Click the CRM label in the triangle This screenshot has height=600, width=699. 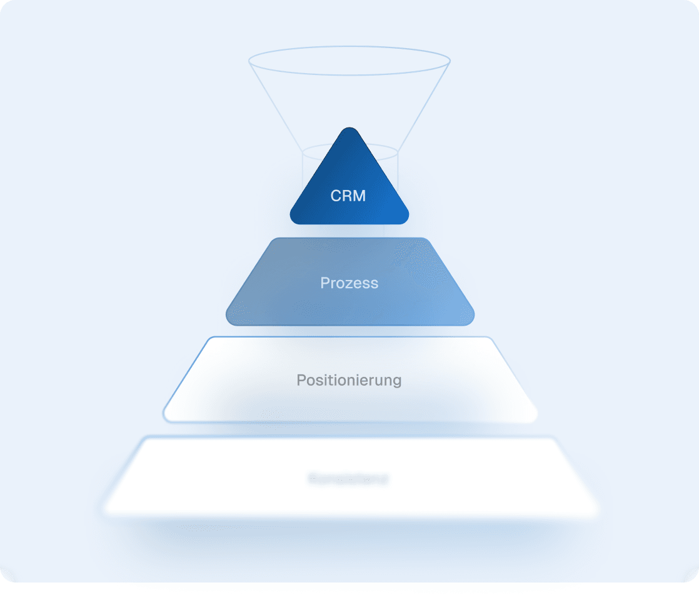(x=348, y=196)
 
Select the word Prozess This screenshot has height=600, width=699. (x=349, y=283)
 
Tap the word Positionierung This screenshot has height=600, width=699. (x=349, y=380)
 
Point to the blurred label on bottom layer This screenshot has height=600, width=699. (x=349, y=480)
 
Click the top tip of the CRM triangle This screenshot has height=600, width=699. (x=349, y=129)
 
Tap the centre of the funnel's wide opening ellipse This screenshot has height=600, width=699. (x=349, y=61)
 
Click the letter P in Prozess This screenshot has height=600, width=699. (x=324, y=283)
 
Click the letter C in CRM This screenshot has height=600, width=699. (x=335, y=196)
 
